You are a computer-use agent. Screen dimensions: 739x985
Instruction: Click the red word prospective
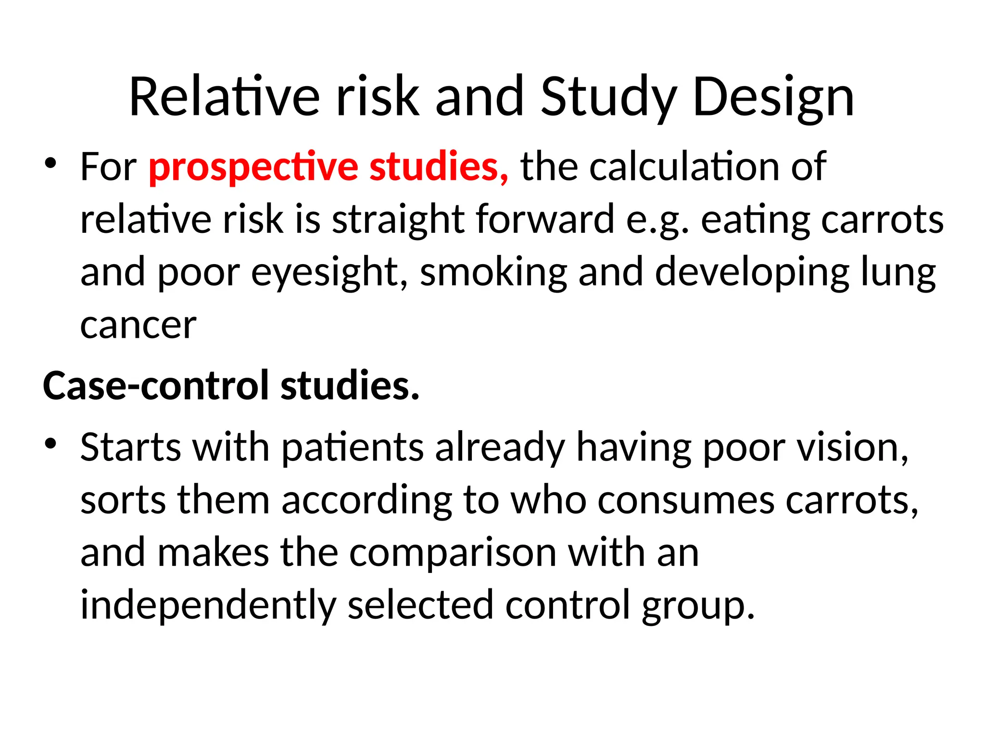[253, 167]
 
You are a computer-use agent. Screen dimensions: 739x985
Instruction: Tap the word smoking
[493, 272]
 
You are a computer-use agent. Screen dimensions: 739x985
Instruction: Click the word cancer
[139, 326]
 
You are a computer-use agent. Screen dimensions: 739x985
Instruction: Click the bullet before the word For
[51, 163]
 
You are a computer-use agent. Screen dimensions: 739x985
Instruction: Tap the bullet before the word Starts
[51, 443]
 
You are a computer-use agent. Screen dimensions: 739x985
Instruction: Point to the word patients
[353, 447]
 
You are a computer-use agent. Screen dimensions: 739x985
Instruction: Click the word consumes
[686, 500]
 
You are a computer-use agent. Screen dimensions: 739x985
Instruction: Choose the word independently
[208, 605]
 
